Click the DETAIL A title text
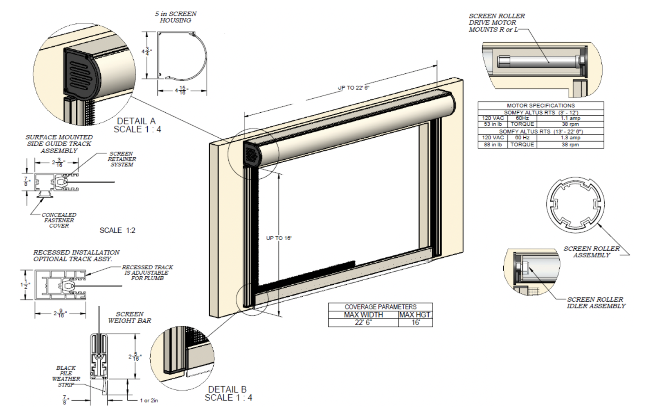point(136,121)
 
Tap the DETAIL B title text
point(227,389)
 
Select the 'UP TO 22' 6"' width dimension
point(354,88)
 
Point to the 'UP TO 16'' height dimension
point(279,238)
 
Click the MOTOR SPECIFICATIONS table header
point(540,105)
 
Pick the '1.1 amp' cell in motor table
point(570,118)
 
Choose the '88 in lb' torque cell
point(492,144)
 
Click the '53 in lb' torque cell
point(492,124)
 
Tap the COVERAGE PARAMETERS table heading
point(380,307)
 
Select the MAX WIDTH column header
point(363,315)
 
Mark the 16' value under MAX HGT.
point(415,323)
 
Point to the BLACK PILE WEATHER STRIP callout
point(66,376)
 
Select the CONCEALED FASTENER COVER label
point(59,220)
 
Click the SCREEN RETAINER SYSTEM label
point(122,159)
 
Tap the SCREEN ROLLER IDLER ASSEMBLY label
point(596,302)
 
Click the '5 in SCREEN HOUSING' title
point(176,17)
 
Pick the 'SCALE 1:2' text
point(117,230)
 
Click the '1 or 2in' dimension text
point(149,400)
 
